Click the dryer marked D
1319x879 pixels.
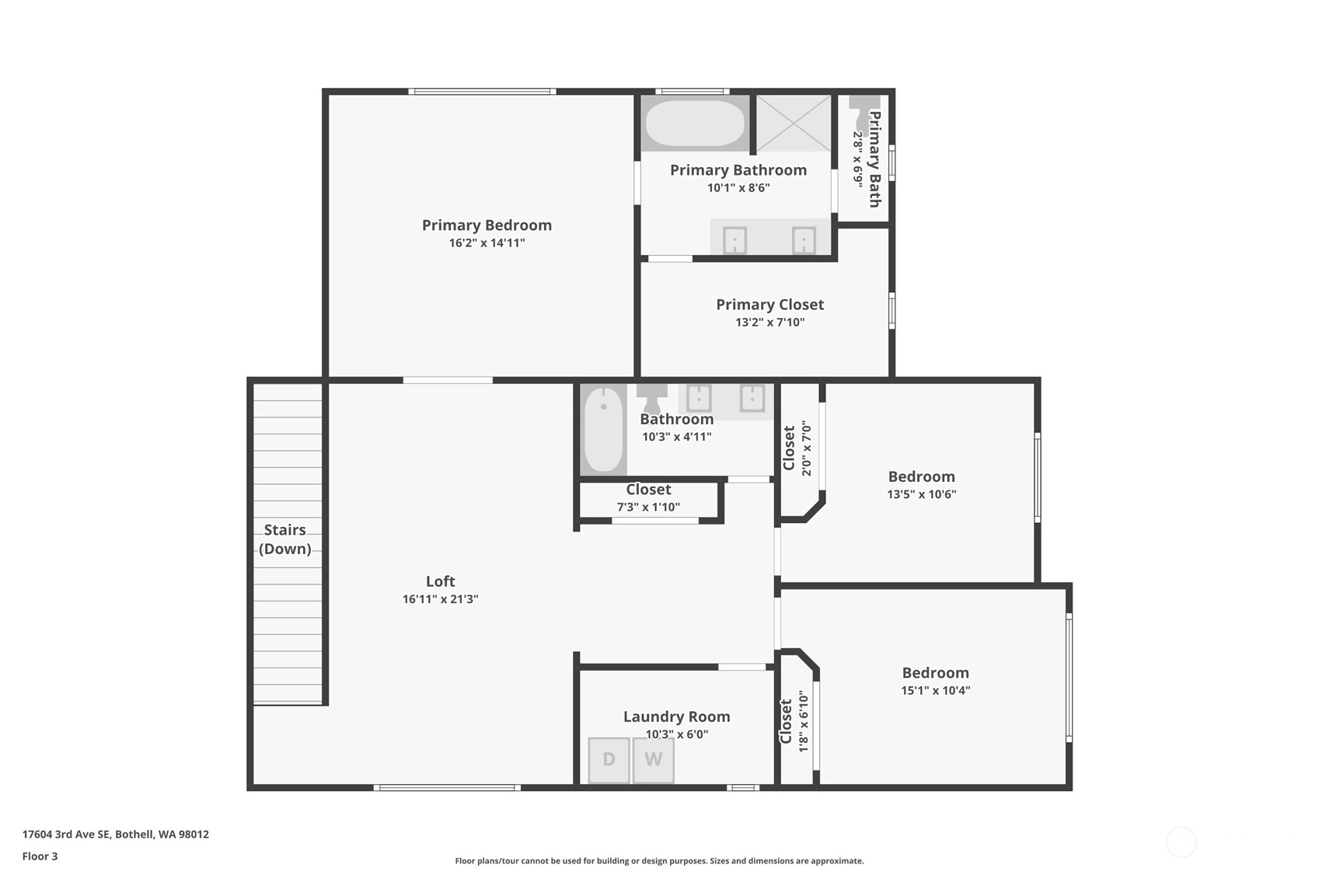pyautogui.click(x=609, y=760)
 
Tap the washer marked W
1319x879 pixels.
pyautogui.click(x=653, y=760)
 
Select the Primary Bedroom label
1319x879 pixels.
pyautogui.click(x=487, y=225)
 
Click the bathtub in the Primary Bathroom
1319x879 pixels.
pyautogui.click(x=695, y=123)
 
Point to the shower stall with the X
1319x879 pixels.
pyautogui.click(x=793, y=123)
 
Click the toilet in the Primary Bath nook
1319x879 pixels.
pyautogui.click(x=864, y=115)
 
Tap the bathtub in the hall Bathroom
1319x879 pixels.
pyautogui.click(x=604, y=429)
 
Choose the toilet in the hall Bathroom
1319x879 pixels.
pyautogui.click(x=652, y=399)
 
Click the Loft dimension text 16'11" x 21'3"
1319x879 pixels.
pyautogui.click(x=441, y=599)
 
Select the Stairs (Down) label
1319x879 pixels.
pyautogui.click(x=285, y=539)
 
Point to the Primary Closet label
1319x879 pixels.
pyautogui.click(x=770, y=305)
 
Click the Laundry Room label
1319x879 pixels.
pyautogui.click(x=676, y=717)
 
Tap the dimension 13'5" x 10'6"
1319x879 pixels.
pyautogui.click(x=922, y=494)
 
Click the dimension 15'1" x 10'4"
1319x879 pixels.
pyautogui.click(x=936, y=691)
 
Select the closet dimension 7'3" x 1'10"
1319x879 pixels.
pyautogui.click(x=648, y=507)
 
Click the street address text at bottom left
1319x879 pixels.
pyautogui.click(x=115, y=834)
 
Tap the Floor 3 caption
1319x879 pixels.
pyautogui.click(x=40, y=856)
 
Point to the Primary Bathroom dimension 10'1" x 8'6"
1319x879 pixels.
pyautogui.click(x=738, y=188)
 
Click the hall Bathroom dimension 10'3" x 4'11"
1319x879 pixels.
pyautogui.click(x=676, y=437)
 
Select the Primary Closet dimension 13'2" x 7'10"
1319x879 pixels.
pyautogui.click(x=770, y=323)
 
